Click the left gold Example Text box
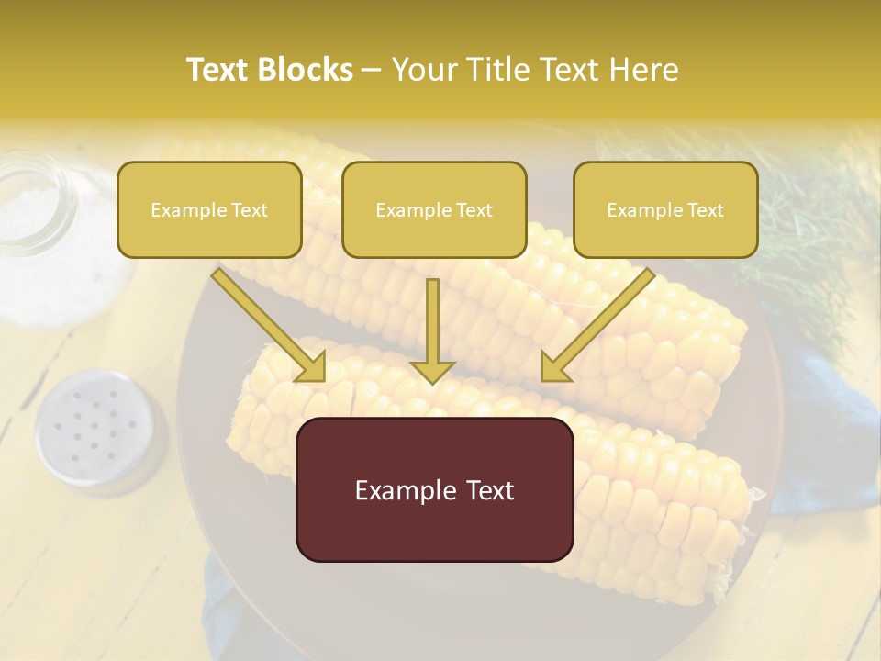[x=209, y=209]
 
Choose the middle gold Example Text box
[x=434, y=209]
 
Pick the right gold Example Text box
[x=665, y=209]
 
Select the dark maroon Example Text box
[x=434, y=489]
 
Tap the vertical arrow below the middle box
[x=432, y=330]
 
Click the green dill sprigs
[x=808, y=211]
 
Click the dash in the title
[x=372, y=70]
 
